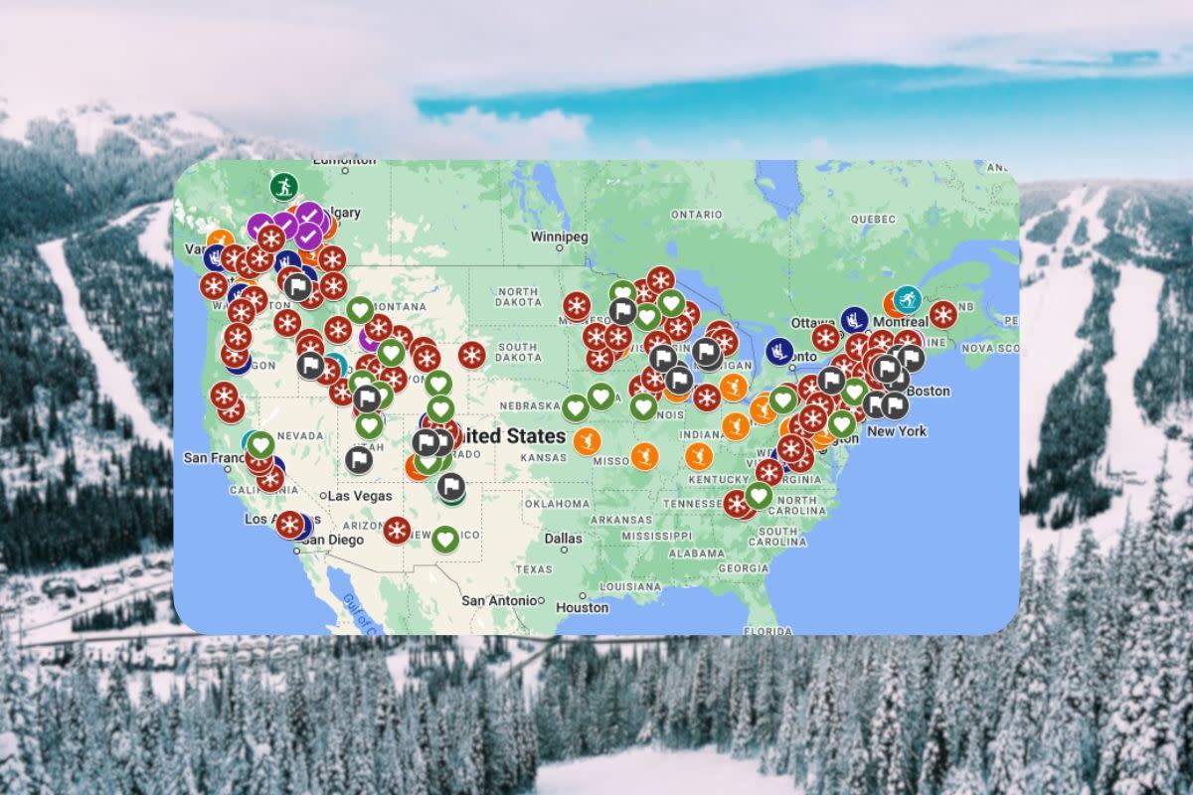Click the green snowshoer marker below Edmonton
click(x=283, y=186)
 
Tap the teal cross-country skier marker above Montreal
click(x=907, y=299)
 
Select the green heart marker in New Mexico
click(x=445, y=540)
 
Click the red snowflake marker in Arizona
click(x=397, y=530)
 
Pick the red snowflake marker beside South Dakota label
click(x=471, y=355)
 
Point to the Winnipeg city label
click(x=558, y=238)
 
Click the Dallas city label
click(x=563, y=538)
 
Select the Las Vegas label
click(x=359, y=496)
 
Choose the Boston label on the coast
click(x=929, y=392)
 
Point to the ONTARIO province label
click(x=696, y=214)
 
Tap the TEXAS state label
click(x=533, y=568)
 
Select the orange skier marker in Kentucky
click(x=698, y=456)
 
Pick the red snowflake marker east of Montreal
click(x=942, y=315)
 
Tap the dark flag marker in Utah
click(x=359, y=459)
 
